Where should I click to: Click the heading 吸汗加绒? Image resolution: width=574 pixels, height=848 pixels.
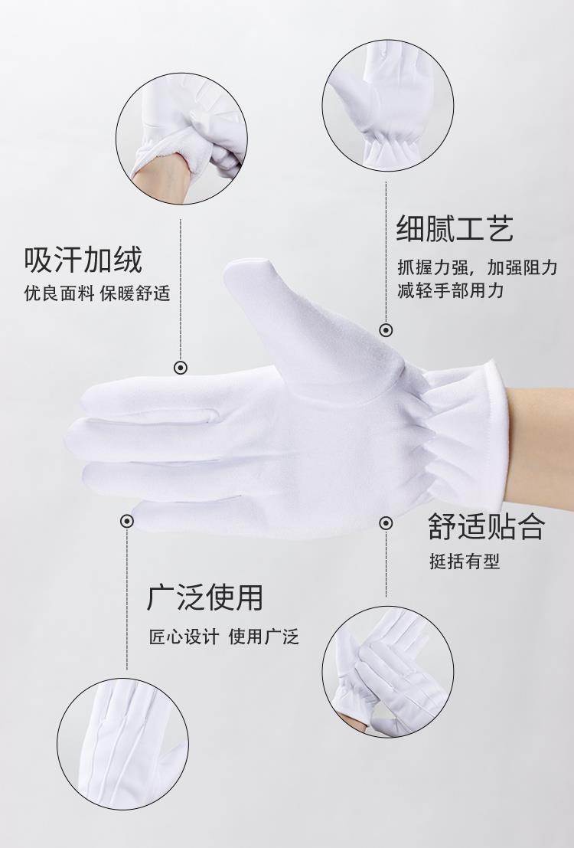pyautogui.click(x=83, y=260)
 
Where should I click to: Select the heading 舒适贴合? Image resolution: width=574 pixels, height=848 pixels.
pyautogui.click(x=487, y=525)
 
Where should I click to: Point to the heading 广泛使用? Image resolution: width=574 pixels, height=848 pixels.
pyautogui.click(x=205, y=597)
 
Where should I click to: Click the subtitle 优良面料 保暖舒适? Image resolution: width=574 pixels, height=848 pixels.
pyautogui.click(x=97, y=293)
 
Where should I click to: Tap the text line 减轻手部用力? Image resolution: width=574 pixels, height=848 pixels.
pyautogui.click(x=451, y=290)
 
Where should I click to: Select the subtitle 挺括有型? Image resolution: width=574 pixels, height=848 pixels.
pyautogui.click(x=465, y=562)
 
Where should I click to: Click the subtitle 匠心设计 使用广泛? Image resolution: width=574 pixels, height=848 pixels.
pyautogui.click(x=223, y=637)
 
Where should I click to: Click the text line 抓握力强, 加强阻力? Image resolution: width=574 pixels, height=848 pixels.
pyautogui.click(x=478, y=267)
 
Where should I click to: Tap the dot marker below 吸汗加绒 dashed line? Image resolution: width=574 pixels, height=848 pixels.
pyautogui.click(x=181, y=368)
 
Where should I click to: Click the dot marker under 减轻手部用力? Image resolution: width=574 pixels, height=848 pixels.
pyautogui.click(x=386, y=330)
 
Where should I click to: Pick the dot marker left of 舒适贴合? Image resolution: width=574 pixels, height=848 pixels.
pyautogui.click(x=386, y=523)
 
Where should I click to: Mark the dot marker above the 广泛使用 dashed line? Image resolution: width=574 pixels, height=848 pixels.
pyautogui.click(x=127, y=521)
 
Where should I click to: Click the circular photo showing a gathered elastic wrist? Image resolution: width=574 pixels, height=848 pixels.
pyautogui.click(x=388, y=106)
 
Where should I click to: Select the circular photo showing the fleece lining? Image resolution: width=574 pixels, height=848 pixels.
pyautogui.click(x=181, y=139)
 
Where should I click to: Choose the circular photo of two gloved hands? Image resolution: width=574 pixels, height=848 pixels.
pyautogui.click(x=388, y=672)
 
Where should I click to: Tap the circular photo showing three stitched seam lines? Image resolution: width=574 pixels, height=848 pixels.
pyautogui.click(x=122, y=744)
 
